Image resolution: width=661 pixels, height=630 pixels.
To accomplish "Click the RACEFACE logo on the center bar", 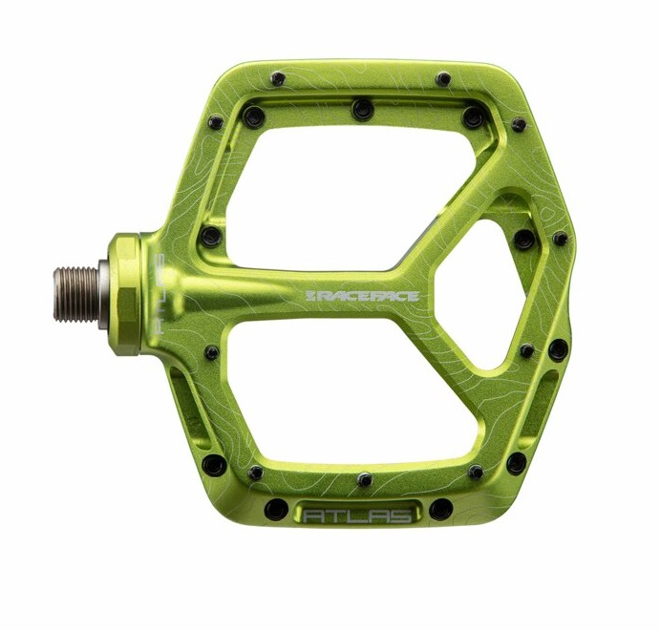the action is (x=362, y=296).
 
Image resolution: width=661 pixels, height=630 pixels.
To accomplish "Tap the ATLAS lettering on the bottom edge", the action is (x=357, y=515).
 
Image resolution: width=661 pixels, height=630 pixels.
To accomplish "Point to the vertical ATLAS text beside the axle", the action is (x=160, y=293).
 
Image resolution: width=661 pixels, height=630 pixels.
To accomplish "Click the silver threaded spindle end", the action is (x=77, y=294).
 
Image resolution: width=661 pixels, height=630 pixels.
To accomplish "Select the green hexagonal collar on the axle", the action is (x=125, y=295).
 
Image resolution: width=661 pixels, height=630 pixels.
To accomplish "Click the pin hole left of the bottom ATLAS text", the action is (x=276, y=510).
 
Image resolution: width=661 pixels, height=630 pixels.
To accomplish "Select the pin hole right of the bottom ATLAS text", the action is (x=441, y=509).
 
